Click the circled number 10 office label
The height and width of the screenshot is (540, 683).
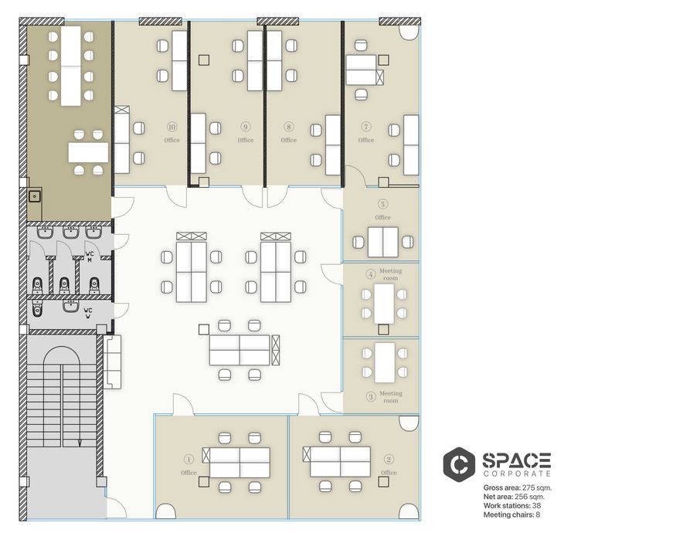point(172,127)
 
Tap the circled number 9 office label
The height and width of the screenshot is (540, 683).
point(246,127)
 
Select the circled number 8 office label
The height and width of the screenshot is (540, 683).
point(288,127)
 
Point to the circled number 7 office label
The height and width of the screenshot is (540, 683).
point(366,127)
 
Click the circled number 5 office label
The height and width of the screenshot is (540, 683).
point(383,204)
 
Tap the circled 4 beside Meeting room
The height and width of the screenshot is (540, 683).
point(371,274)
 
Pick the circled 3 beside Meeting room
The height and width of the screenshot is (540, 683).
point(371,397)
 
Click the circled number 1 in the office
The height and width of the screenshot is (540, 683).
point(189,460)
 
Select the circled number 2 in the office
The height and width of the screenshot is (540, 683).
point(389,460)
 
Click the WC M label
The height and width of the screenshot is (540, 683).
point(90,256)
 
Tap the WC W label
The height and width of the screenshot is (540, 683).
point(88,313)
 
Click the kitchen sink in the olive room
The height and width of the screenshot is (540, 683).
point(35,196)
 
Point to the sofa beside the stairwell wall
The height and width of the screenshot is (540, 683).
point(112,362)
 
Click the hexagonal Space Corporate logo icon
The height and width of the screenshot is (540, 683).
point(459,464)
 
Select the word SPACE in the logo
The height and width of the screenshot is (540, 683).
point(517,460)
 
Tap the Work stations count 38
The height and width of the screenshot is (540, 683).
point(537,505)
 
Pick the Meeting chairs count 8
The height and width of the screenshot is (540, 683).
point(538,515)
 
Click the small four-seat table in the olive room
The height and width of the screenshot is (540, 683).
point(88,152)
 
